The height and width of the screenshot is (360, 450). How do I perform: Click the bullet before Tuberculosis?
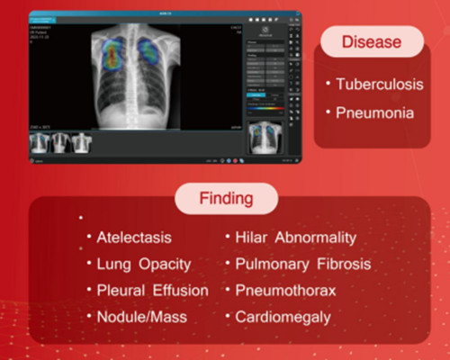click(330, 85)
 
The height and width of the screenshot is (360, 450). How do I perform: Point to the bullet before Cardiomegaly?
click(229, 317)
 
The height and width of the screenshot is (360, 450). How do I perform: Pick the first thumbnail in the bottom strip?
click(40, 142)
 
